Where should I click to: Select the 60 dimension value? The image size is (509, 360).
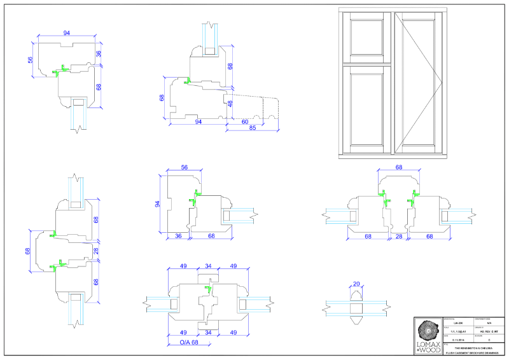(x=245, y=121)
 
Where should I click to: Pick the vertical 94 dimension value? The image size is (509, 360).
(x=157, y=204)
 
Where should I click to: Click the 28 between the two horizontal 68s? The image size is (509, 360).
(x=398, y=237)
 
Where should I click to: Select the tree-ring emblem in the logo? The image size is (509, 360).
(x=426, y=331)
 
